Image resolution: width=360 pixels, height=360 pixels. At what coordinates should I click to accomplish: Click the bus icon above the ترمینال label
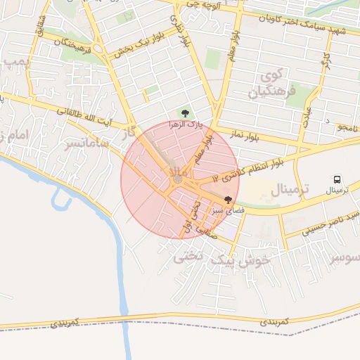(x=337, y=180)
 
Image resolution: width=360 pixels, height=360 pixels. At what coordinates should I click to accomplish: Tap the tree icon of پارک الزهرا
(x=185, y=112)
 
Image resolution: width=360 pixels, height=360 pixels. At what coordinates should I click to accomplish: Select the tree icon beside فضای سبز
(x=227, y=200)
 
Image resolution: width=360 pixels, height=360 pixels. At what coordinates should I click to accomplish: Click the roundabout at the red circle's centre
(x=178, y=180)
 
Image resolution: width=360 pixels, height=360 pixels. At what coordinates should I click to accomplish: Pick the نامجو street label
(x=347, y=128)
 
